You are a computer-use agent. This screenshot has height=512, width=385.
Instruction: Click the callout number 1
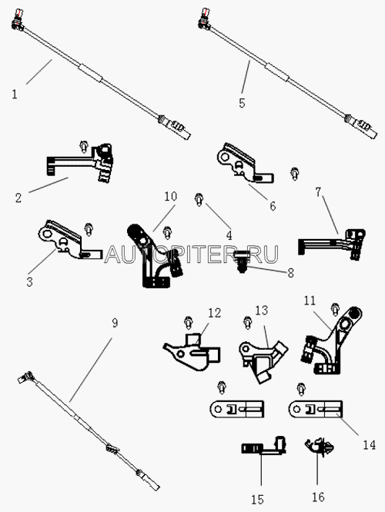[14, 95]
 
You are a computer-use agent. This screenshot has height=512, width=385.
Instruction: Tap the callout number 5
[242, 103]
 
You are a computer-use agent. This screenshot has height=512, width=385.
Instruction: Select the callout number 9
[115, 323]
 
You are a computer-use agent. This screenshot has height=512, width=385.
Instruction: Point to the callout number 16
[318, 497]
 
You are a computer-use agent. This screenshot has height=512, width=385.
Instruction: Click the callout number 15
[257, 499]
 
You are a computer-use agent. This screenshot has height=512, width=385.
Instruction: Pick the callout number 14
[370, 445]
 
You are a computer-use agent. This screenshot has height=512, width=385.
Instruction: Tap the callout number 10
[170, 196]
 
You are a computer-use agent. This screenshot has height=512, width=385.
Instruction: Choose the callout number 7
[318, 192]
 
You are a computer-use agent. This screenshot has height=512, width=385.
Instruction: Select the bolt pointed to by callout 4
[199, 199]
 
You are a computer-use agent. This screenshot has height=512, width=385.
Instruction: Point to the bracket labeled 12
[192, 352]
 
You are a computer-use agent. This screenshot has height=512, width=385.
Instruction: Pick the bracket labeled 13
[263, 361]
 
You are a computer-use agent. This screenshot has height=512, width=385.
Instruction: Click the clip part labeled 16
[320, 447]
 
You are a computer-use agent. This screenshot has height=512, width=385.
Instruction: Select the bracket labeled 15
[263, 446]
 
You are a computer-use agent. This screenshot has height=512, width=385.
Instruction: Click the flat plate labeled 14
[316, 409]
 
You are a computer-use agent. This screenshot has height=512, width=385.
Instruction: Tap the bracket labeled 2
[80, 161]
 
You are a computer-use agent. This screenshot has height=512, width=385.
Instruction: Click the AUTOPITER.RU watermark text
[192, 254]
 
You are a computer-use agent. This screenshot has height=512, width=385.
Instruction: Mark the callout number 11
[309, 301]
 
